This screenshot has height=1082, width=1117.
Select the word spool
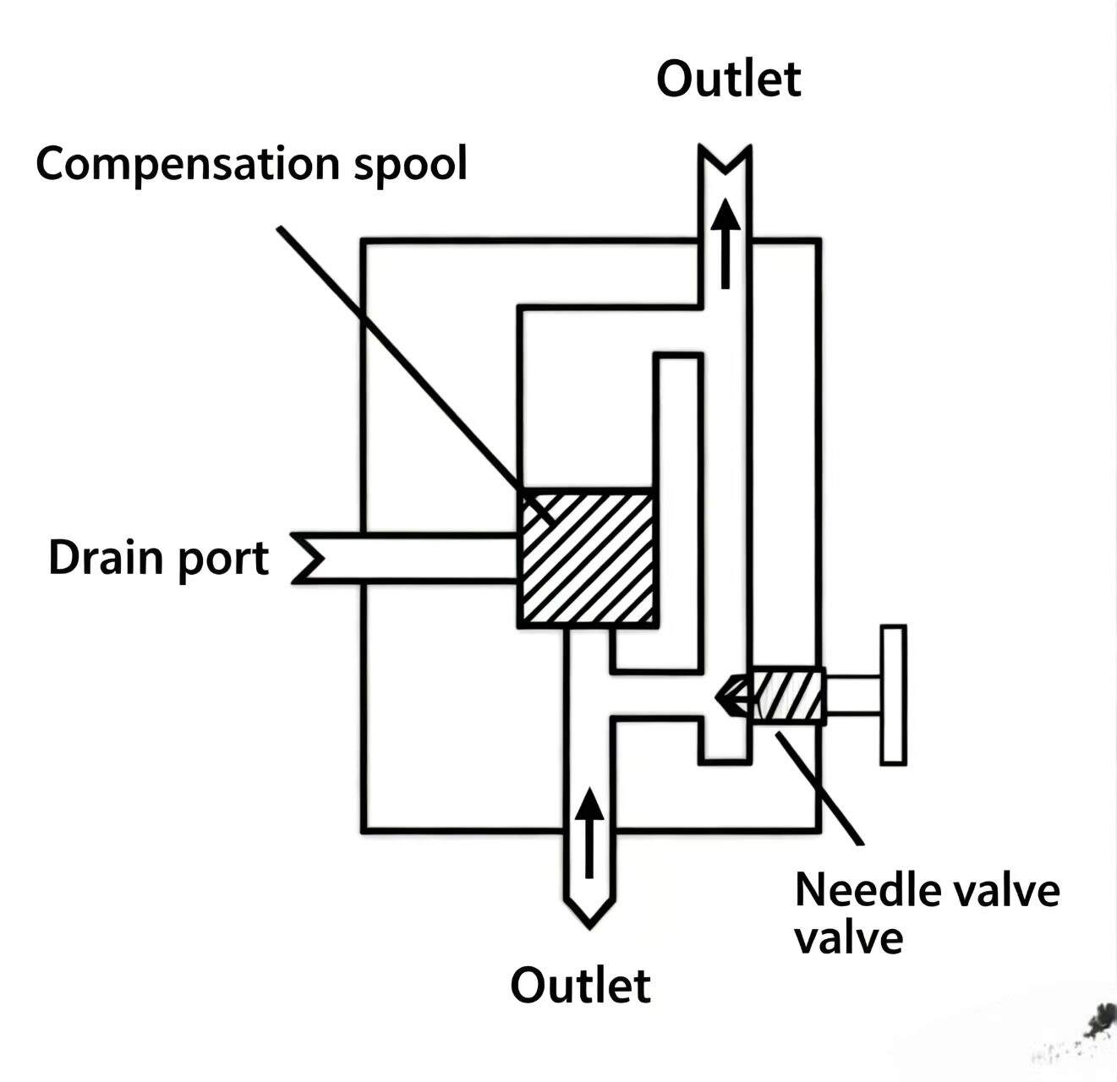pyautogui.click(x=410, y=166)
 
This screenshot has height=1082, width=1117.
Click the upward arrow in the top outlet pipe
pyautogui.click(x=726, y=243)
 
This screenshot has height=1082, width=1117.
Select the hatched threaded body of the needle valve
pyautogui.click(x=787, y=697)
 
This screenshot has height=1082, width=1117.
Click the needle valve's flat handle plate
pyautogui.click(x=893, y=695)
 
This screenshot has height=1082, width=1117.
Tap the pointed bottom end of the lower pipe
pyautogui.click(x=589, y=911)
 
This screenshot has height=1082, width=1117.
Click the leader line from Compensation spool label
pyautogui.click(x=415, y=376)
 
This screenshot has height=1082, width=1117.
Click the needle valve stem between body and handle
pyautogui.click(x=853, y=697)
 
